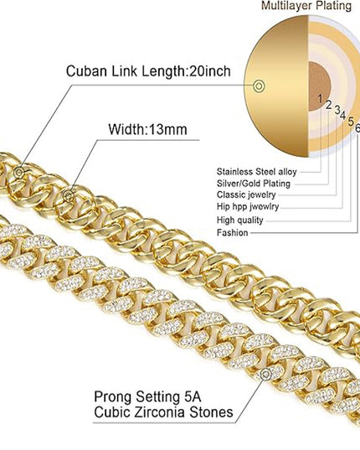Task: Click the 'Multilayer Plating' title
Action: [x=306, y=7]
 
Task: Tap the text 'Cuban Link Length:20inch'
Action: [x=148, y=70]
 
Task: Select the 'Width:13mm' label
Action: [x=147, y=129]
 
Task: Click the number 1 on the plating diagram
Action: [x=321, y=99]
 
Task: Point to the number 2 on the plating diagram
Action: [x=329, y=105]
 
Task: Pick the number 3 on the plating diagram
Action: [x=337, y=110]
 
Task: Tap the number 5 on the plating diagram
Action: [x=351, y=122]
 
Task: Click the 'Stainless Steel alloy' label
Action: [x=256, y=172]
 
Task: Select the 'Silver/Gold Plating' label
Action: [x=254, y=184]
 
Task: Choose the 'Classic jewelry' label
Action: [x=246, y=195]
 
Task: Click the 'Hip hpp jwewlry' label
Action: [x=248, y=206]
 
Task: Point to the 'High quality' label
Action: [x=240, y=220]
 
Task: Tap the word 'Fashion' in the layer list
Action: [x=232, y=232]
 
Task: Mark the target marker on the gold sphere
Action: [x=259, y=85]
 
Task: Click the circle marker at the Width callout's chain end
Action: [x=69, y=196]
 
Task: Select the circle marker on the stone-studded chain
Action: [x=266, y=374]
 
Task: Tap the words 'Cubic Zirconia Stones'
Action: [x=163, y=412]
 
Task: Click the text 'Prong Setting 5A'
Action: [x=147, y=397]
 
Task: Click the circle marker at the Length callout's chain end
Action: [x=19, y=173]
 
